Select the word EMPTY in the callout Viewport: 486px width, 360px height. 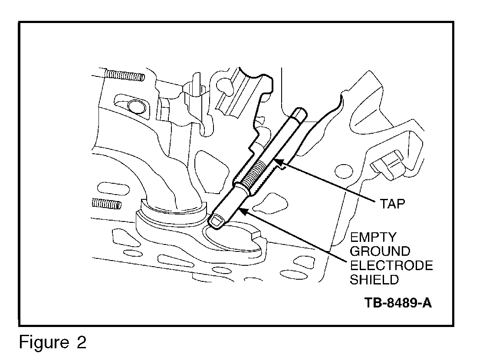tap(374, 238)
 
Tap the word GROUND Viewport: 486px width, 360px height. tap(380, 251)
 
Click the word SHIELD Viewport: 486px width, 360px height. tap(374, 279)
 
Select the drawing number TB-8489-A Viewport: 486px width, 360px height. tap(398, 303)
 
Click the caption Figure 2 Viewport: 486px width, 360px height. tap(53, 343)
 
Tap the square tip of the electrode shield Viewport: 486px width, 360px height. tap(216, 221)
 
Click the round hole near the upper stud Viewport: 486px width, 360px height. tap(136, 106)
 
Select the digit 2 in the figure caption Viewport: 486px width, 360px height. tap(80, 343)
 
